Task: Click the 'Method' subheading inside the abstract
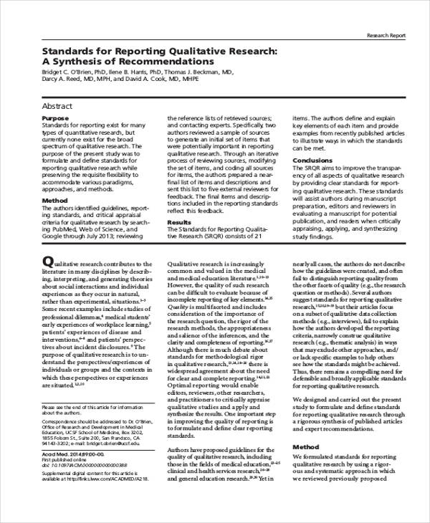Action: tap(54, 201)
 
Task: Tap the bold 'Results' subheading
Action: tap(179, 223)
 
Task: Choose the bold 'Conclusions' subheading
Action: tap(312, 160)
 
